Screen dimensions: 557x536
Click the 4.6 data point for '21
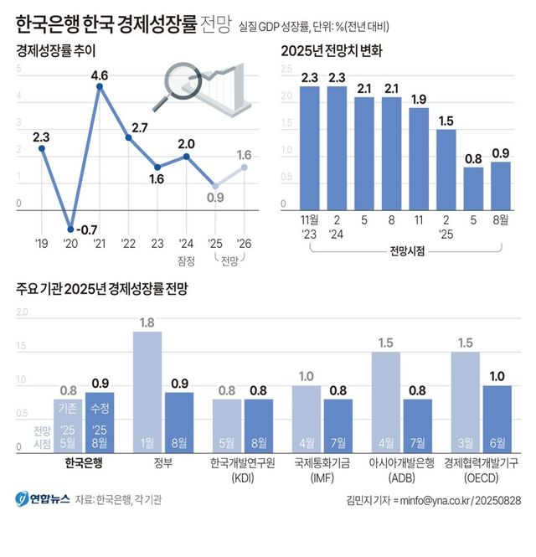coord(100,87)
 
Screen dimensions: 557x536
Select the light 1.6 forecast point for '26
coord(245,167)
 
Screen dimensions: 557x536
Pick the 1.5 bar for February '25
coord(446,170)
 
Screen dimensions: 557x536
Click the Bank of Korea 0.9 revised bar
coord(100,423)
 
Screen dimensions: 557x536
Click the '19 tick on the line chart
coord(41,244)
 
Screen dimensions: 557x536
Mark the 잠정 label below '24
coord(186,260)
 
